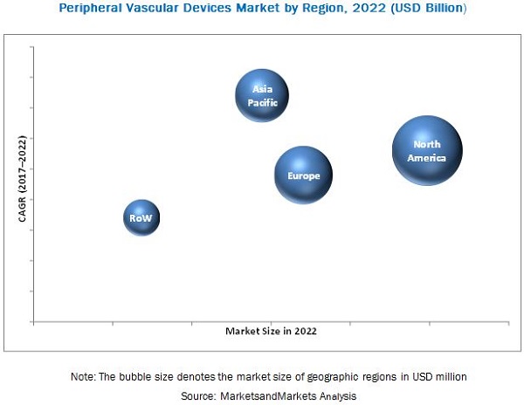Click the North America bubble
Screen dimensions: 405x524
click(x=427, y=151)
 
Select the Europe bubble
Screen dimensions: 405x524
click(x=303, y=175)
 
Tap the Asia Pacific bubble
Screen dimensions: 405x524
click(x=262, y=95)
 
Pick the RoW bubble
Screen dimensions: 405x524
click(x=141, y=218)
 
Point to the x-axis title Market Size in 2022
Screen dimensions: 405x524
click(x=271, y=331)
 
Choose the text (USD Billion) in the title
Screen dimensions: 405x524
click(x=422, y=9)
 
